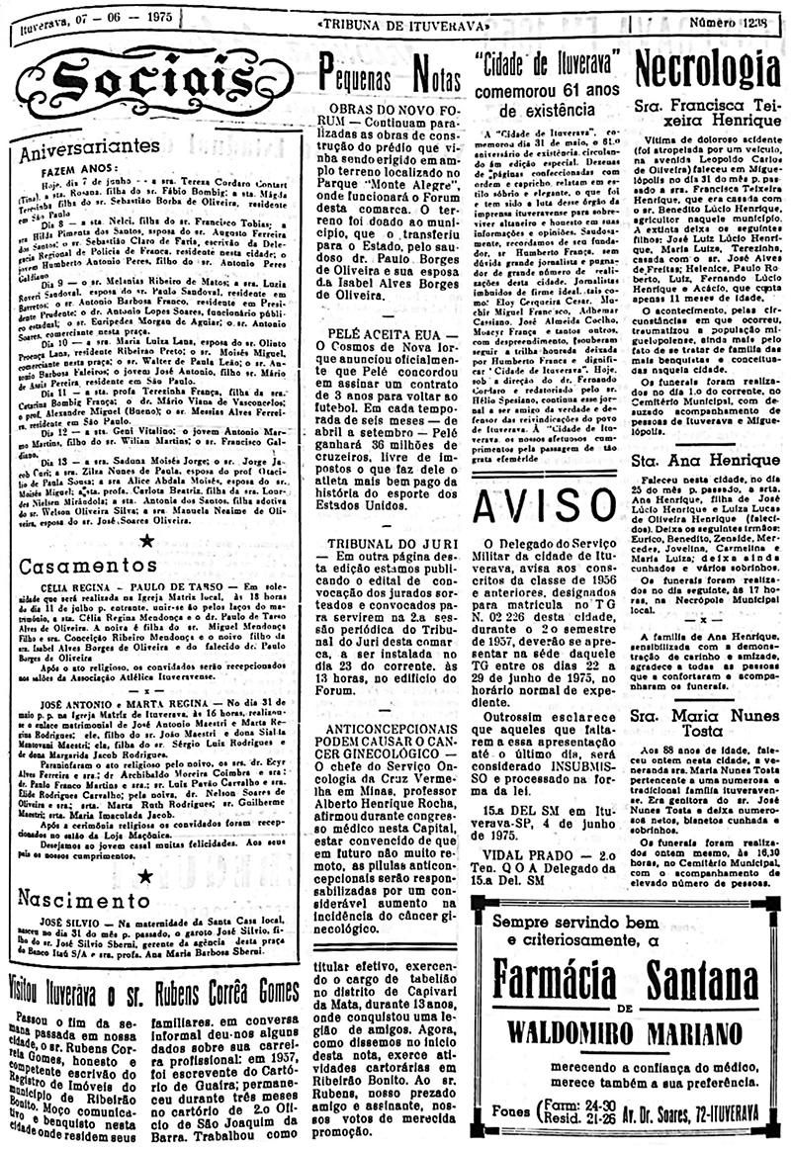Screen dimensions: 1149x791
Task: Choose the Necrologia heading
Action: click(707, 69)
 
